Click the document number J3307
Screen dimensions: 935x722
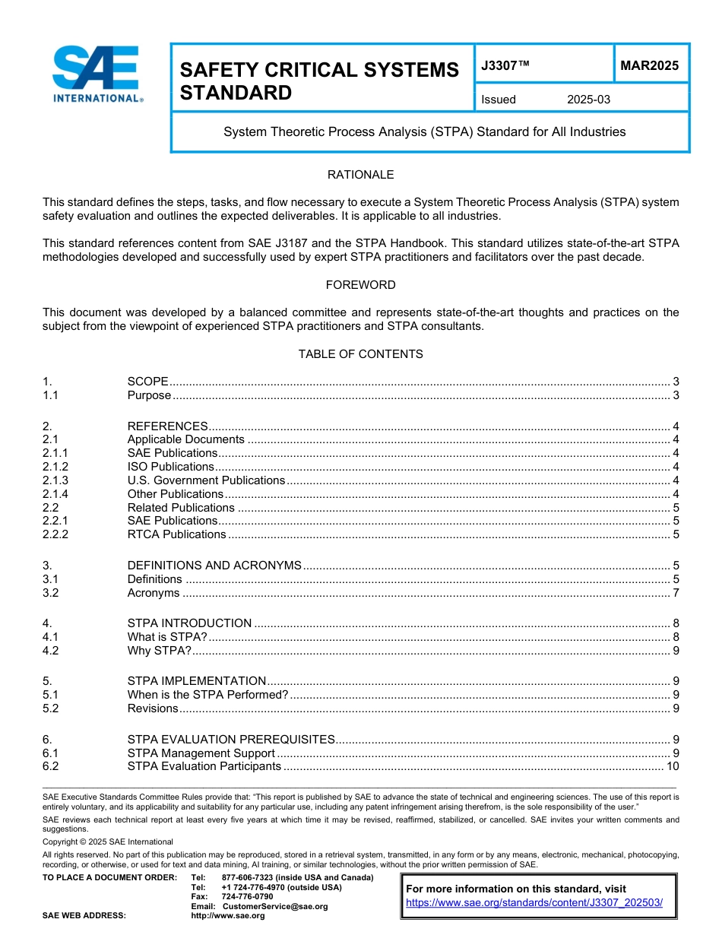point(505,66)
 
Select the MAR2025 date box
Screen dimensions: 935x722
point(649,66)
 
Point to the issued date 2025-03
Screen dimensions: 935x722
point(588,100)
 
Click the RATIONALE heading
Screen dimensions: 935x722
point(360,175)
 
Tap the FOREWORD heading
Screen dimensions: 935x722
point(360,285)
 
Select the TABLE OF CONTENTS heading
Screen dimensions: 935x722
point(360,354)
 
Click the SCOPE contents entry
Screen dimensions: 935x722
point(147,382)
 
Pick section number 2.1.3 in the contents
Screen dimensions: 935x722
point(55,480)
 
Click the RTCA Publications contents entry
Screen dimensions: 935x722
point(176,534)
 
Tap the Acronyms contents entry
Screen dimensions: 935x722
point(154,593)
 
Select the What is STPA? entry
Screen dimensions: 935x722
point(167,637)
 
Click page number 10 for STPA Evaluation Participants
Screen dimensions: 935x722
point(672,766)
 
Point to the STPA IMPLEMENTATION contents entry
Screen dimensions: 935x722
point(197,681)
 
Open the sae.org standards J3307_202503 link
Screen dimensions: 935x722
point(534,902)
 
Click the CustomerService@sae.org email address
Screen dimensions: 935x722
point(274,906)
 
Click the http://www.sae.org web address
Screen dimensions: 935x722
point(228,915)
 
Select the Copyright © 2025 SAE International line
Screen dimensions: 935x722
point(108,841)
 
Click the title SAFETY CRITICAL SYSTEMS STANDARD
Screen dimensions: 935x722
point(319,81)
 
